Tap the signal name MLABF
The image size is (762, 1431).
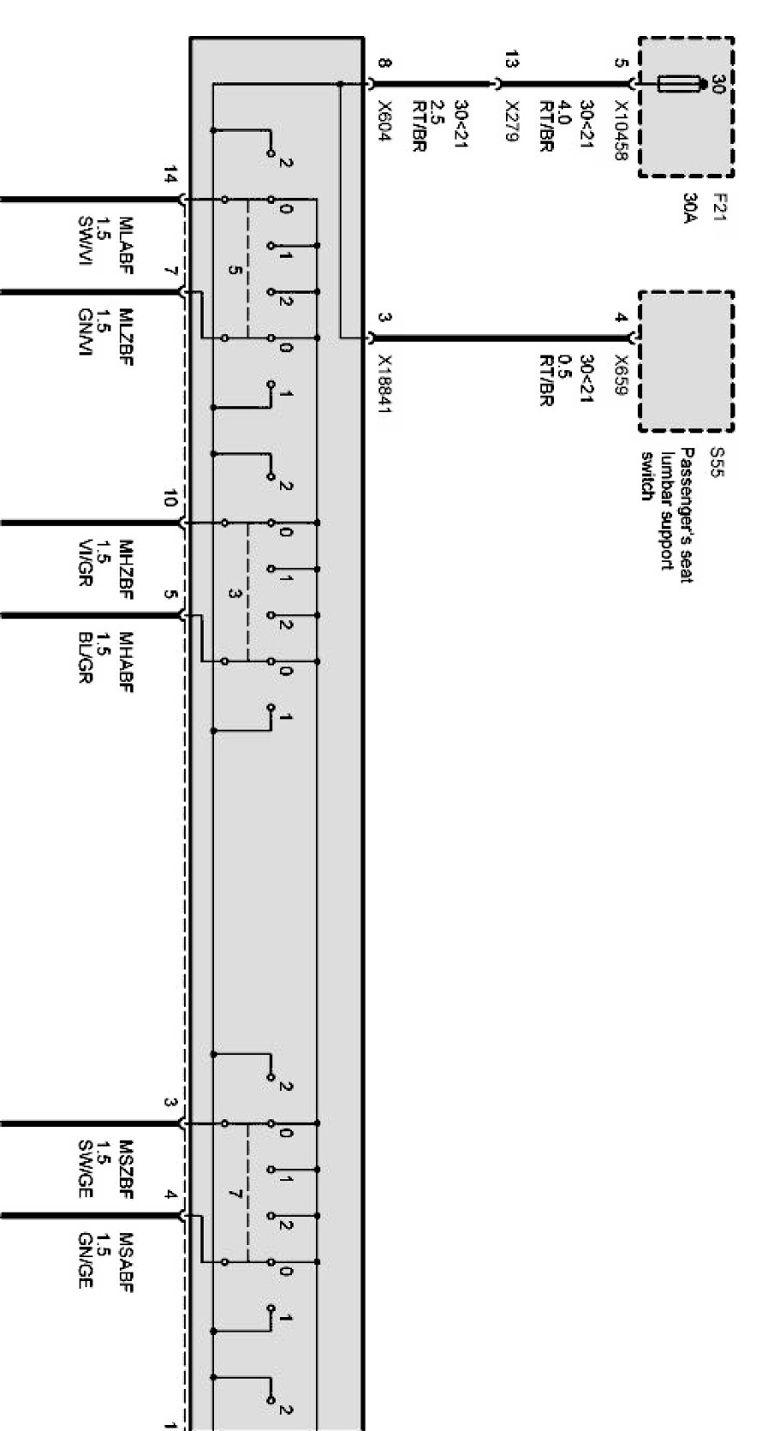[x=126, y=239]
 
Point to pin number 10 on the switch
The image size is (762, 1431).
[x=171, y=498]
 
